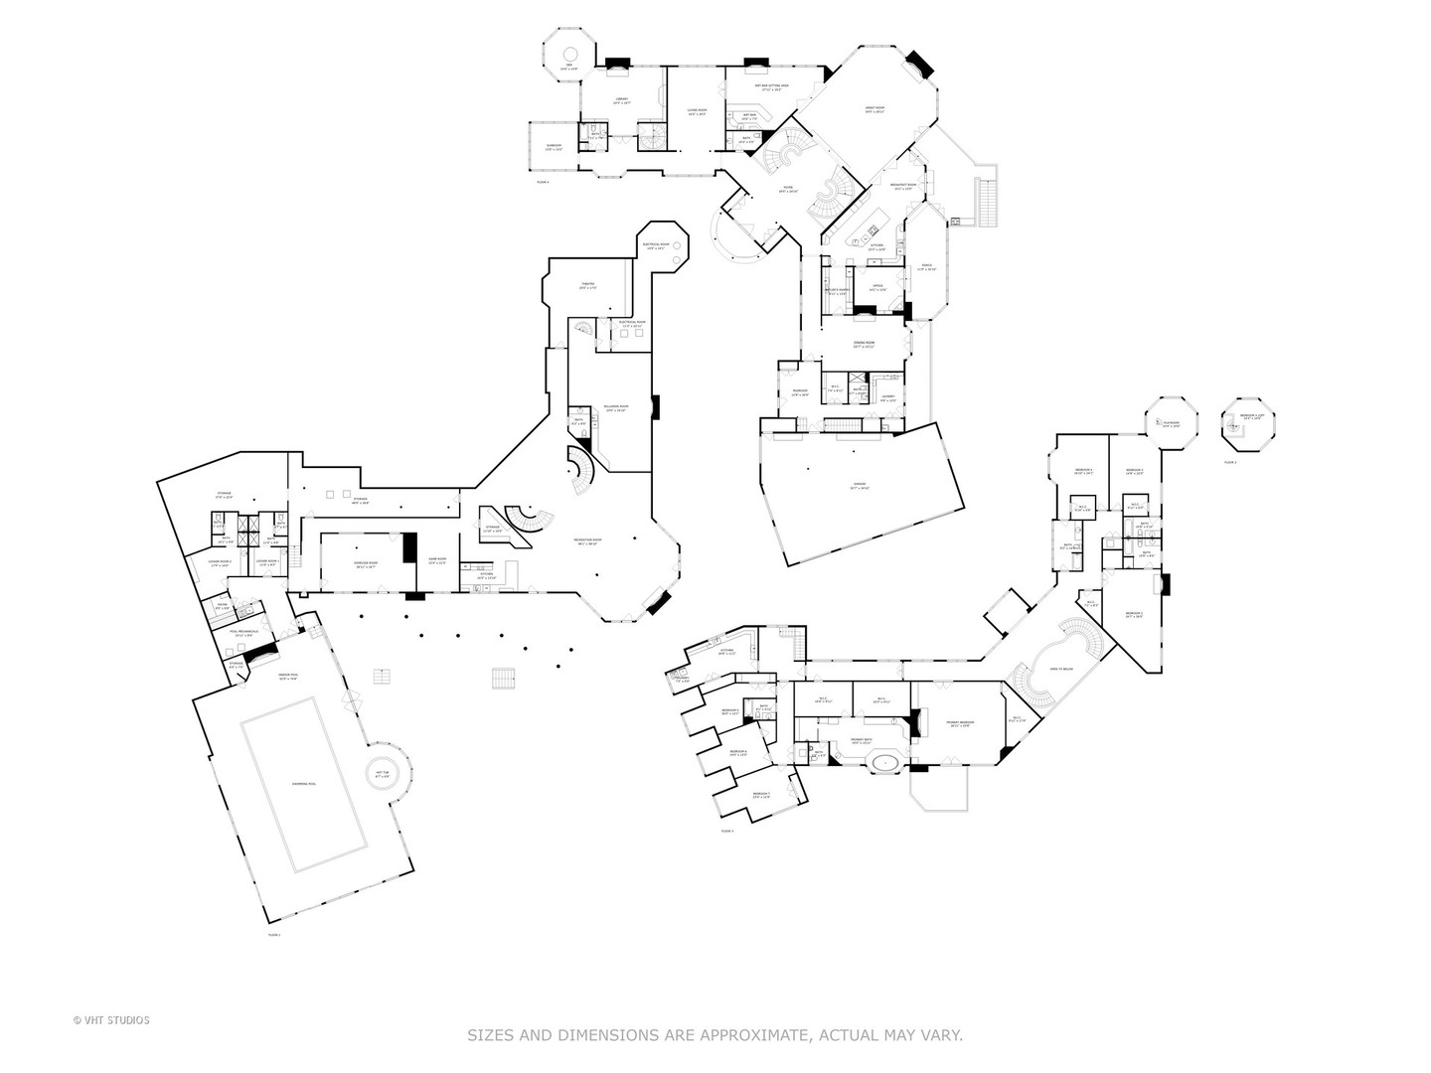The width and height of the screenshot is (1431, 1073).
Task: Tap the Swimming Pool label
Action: click(x=303, y=784)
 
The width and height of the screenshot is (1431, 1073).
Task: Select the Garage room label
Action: click(x=860, y=487)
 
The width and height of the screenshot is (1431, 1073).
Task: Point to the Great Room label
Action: click(x=874, y=110)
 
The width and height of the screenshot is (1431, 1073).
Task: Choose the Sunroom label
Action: click(x=554, y=148)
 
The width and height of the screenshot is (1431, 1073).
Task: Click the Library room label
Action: click(x=622, y=100)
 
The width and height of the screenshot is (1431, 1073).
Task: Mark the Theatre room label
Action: click(x=587, y=286)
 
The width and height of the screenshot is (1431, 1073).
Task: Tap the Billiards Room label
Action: click(x=615, y=407)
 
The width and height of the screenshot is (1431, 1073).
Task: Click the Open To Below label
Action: click(x=1059, y=670)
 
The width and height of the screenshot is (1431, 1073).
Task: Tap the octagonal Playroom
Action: click(x=1170, y=423)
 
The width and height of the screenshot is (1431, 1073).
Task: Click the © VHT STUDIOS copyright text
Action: click(x=111, y=1019)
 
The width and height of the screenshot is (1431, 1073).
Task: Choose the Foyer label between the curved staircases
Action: click(x=787, y=191)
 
